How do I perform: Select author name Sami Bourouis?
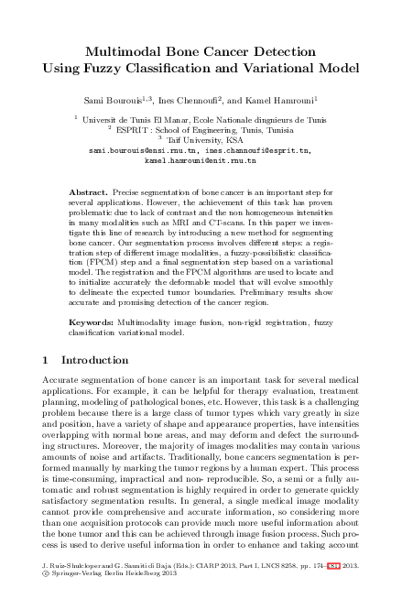pyautogui.click(x=116, y=98)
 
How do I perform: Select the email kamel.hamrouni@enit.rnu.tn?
pyautogui.click(x=201, y=158)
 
